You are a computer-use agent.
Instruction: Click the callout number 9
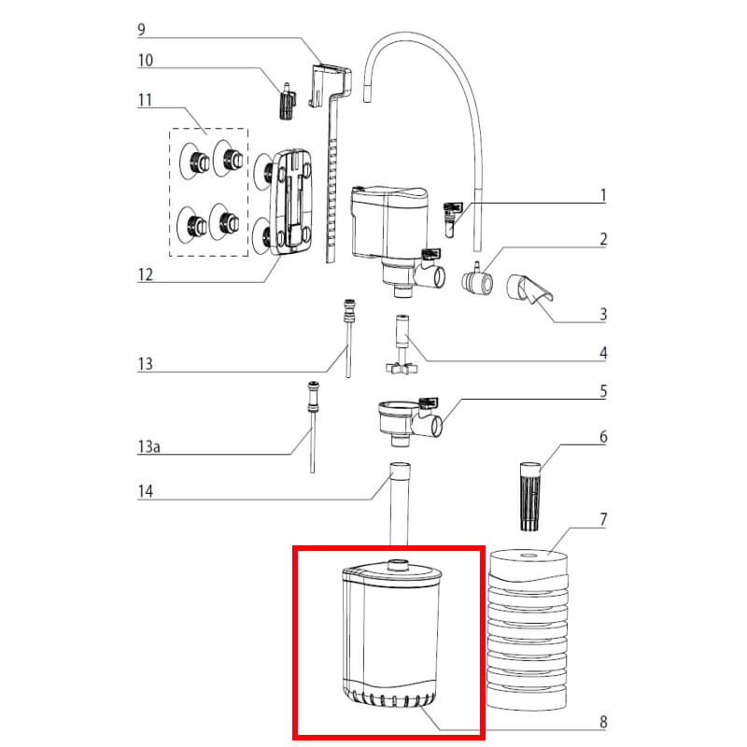(141, 29)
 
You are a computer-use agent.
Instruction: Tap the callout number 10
(145, 61)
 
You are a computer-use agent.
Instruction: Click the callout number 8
(603, 721)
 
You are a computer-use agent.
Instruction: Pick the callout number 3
(603, 315)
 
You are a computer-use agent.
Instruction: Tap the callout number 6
(603, 436)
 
